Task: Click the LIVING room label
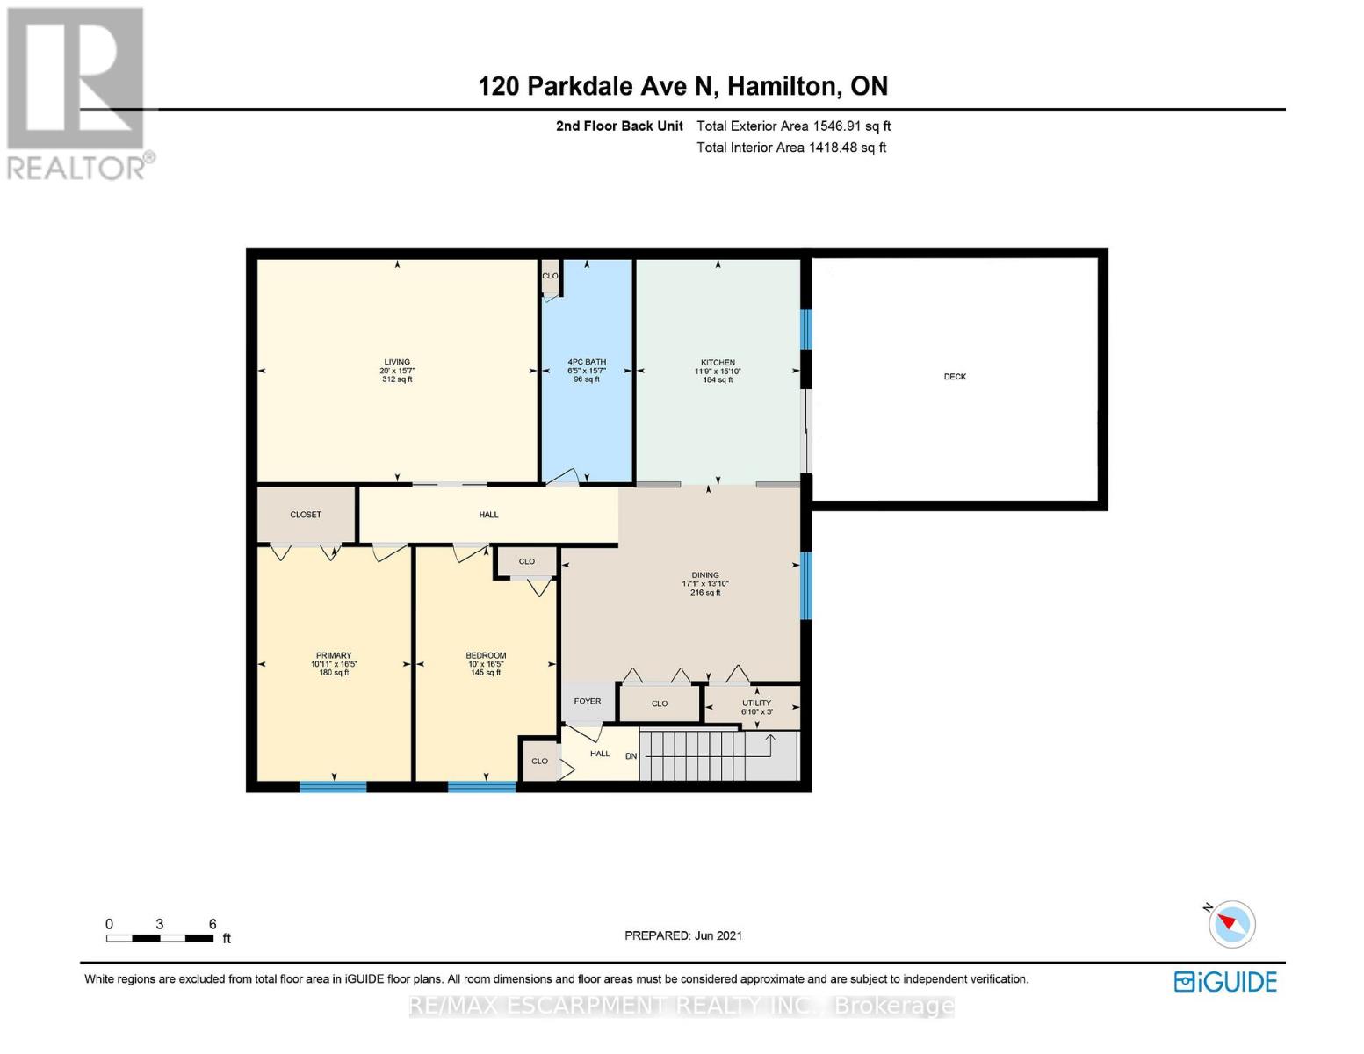click(x=397, y=362)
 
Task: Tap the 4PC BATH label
click(x=587, y=362)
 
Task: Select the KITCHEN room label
click(x=718, y=362)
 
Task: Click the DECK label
click(x=955, y=377)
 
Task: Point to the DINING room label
click(x=705, y=575)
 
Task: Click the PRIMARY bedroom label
click(x=334, y=655)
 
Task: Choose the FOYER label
click(x=588, y=701)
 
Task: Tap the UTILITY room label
click(x=756, y=703)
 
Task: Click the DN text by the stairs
click(x=631, y=756)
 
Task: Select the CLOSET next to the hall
click(x=306, y=515)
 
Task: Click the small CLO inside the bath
click(x=550, y=276)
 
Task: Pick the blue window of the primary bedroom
click(x=333, y=786)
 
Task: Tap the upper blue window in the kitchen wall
click(x=805, y=329)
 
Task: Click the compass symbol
click(x=1231, y=924)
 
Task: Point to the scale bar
click(x=160, y=938)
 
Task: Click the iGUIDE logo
click(x=1225, y=981)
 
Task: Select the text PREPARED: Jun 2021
click(x=683, y=935)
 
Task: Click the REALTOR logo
click(x=77, y=92)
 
